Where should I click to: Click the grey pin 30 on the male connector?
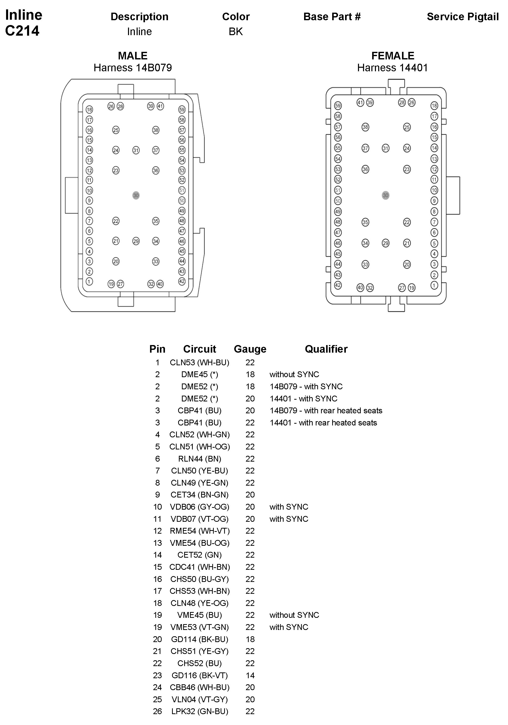coord(136,195)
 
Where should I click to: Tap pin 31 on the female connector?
coord(385,148)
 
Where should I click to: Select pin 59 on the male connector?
coord(182,109)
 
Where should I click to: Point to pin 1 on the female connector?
coord(434,285)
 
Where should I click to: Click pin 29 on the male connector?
coord(136,241)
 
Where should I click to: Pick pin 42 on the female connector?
coord(338,285)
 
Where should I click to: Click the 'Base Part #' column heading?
coord(332,17)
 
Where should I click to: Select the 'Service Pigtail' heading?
coord(462,17)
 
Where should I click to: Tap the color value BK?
coord(236,32)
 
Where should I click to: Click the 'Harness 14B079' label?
coord(133,67)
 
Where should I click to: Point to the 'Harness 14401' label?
coord(392,67)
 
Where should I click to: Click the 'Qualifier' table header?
coord(326,349)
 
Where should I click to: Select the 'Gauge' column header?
coord(250,349)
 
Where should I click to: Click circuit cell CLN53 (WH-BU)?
coord(199,362)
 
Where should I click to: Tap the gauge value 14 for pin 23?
coord(250,675)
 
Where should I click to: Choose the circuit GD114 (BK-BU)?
coord(199,639)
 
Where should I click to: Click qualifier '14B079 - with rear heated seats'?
coord(326,411)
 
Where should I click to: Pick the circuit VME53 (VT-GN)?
coord(199,627)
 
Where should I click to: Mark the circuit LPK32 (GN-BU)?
coord(199,711)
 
